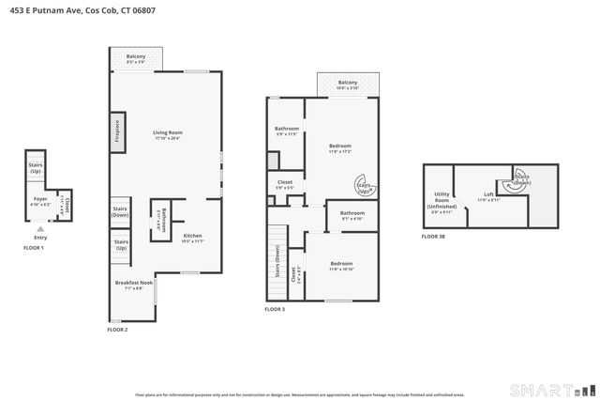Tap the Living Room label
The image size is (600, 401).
coord(167,134)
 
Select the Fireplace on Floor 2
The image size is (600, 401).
coord(116,133)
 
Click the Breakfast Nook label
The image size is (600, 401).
coord(128,285)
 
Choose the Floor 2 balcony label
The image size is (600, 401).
coord(136,59)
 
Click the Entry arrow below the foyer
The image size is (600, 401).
coord(40,228)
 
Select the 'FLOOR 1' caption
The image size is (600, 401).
coord(34,247)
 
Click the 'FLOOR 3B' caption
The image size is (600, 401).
coord(433,236)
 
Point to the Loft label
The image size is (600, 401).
coord(488,196)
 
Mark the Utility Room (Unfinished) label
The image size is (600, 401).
coord(442,202)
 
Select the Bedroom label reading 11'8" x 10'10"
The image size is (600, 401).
coord(341,266)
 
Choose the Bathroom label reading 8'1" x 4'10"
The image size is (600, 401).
coord(352,216)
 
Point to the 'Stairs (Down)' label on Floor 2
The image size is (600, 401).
coord(120,211)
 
